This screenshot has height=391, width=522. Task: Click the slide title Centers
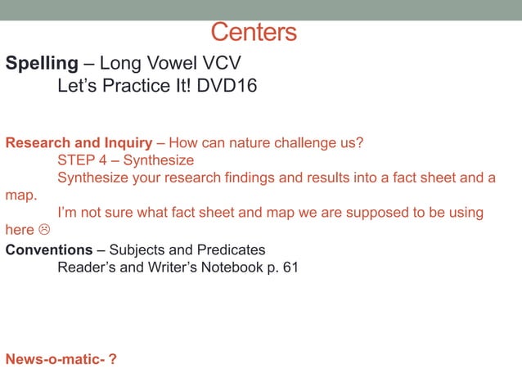click(x=254, y=33)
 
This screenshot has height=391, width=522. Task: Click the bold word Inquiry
click(x=128, y=143)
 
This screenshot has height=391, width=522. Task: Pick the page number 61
click(x=290, y=266)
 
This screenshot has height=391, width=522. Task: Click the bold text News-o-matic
click(x=56, y=359)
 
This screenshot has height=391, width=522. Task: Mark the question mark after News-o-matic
click(x=113, y=359)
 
